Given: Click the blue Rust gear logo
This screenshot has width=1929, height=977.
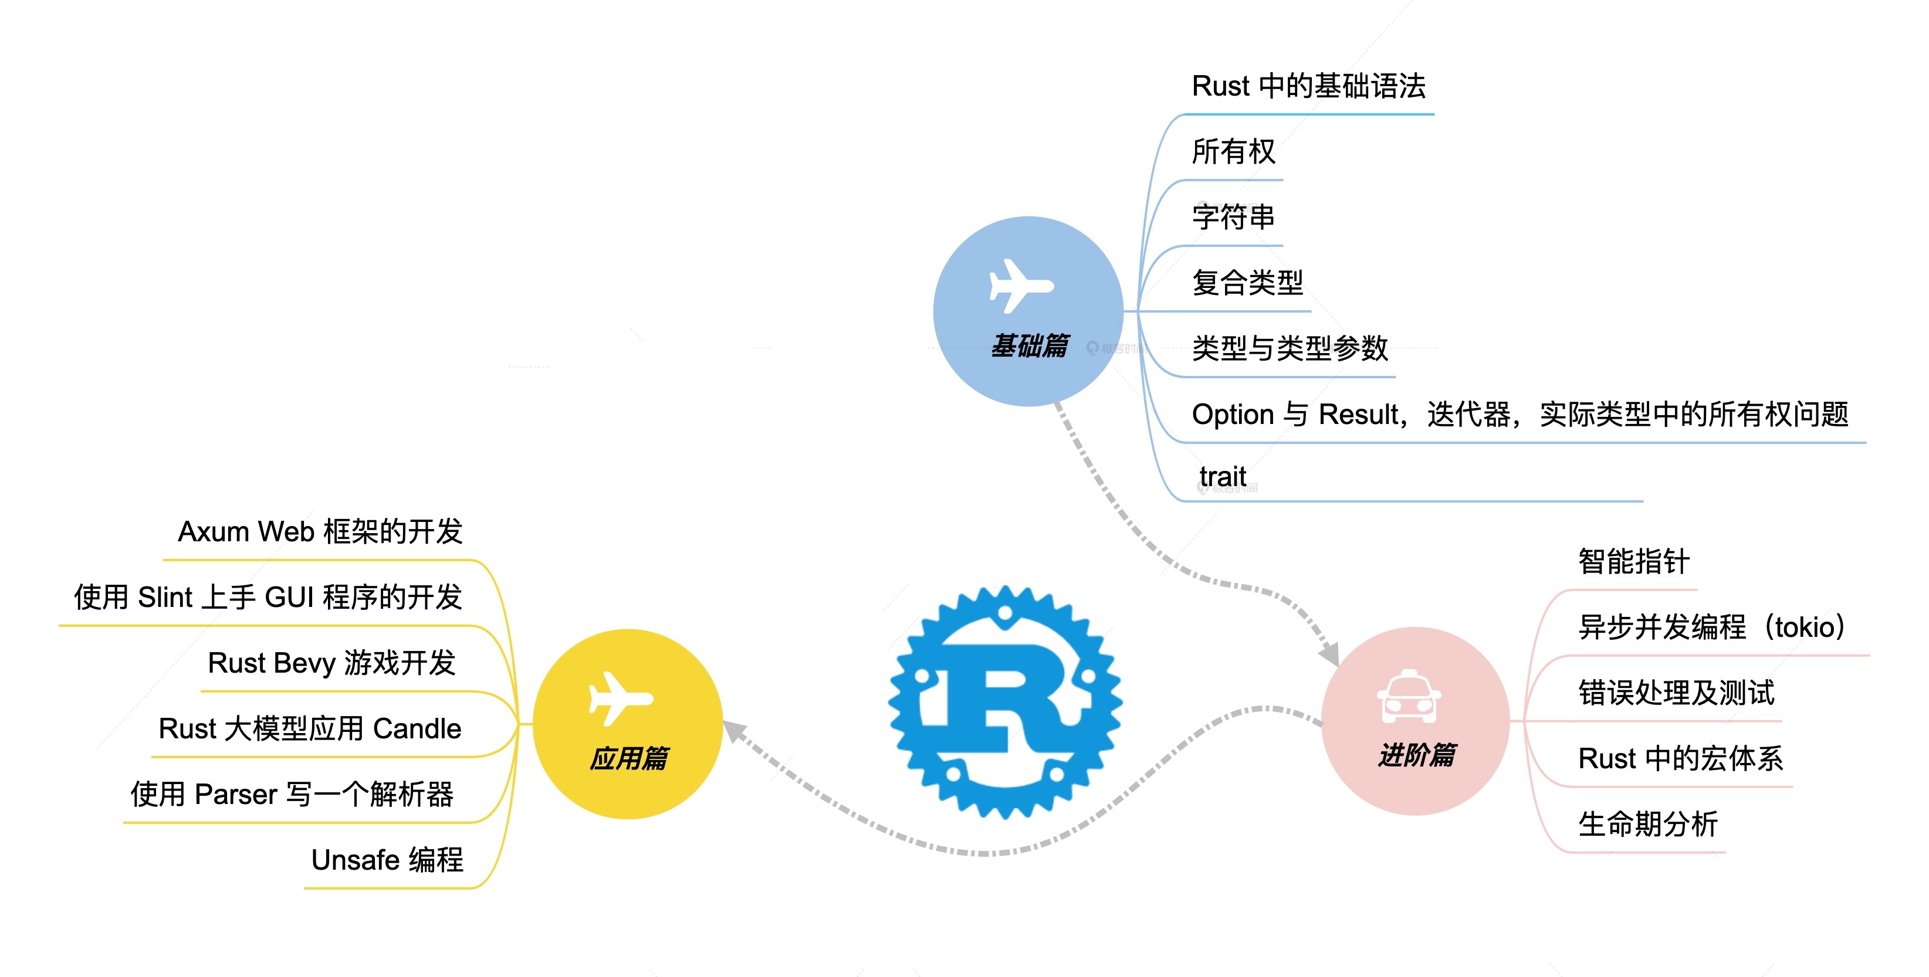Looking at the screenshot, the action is [1005, 702].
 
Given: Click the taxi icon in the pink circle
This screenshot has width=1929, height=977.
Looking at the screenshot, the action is [1409, 696].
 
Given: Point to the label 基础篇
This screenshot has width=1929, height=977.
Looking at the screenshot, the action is [1030, 346].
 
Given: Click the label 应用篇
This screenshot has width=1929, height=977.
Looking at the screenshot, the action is [629, 758].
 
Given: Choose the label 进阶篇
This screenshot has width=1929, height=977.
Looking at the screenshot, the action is [1417, 755].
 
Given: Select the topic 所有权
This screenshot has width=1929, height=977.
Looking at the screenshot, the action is [1233, 151].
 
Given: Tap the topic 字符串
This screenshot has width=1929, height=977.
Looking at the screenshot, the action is [1233, 217].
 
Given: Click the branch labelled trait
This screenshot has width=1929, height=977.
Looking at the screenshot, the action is [1222, 476].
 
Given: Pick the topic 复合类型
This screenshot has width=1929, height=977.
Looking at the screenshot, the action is [1247, 282].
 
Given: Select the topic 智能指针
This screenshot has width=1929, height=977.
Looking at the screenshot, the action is [1634, 561].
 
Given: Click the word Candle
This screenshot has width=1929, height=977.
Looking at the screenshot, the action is [417, 728].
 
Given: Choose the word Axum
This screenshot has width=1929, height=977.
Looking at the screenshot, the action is [214, 531].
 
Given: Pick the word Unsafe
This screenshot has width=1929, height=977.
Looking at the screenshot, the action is [356, 860].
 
